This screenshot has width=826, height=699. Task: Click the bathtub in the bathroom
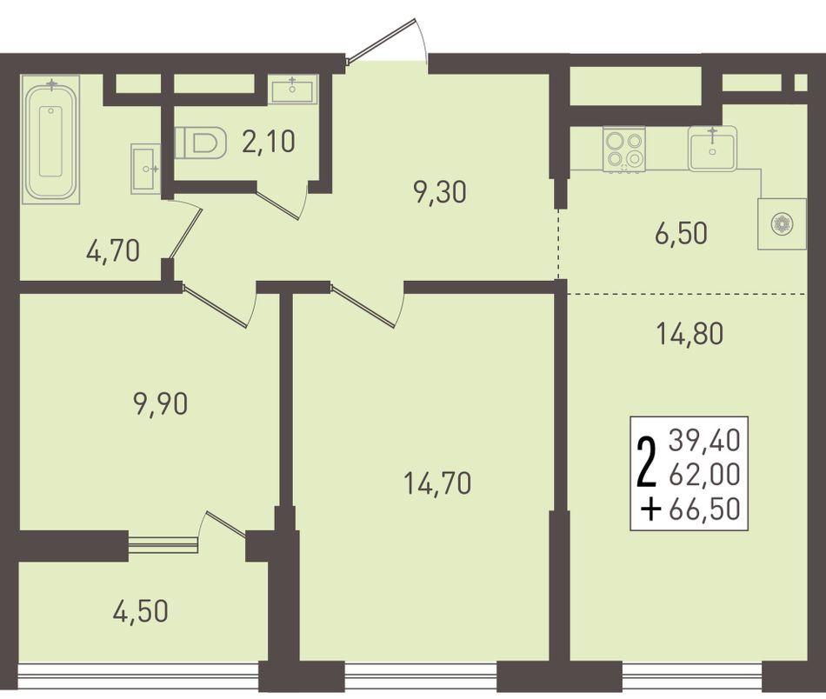(51, 139)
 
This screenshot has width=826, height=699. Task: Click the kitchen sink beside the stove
(712, 148)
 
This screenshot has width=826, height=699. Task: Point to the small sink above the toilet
(292, 89)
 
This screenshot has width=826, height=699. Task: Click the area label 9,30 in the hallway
(441, 193)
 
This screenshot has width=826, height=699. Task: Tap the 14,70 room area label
(437, 483)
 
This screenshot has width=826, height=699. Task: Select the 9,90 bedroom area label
(161, 404)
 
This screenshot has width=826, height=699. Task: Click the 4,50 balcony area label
(141, 611)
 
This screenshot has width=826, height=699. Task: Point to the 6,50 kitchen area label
(681, 233)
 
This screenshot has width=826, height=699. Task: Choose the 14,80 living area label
(690, 334)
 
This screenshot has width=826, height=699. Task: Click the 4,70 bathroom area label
(113, 250)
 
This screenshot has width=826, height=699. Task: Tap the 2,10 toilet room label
(269, 141)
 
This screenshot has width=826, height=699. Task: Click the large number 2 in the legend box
(648, 464)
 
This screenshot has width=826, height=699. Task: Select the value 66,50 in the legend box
(705, 509)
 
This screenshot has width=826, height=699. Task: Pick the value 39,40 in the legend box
(705, 441)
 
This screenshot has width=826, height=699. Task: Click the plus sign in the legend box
(652, 509)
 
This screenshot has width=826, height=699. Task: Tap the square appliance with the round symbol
(782, 223)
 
